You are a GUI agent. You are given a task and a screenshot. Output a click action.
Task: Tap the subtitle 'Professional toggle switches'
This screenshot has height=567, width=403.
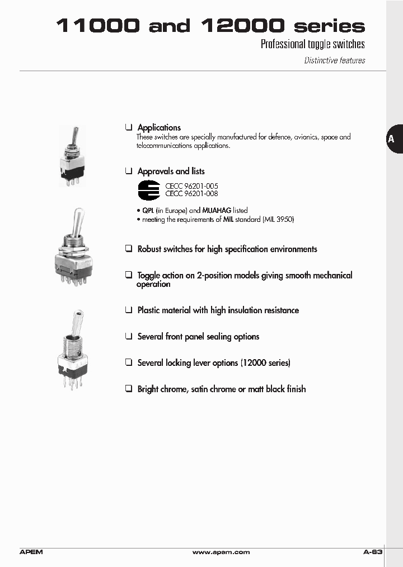pos(312,44)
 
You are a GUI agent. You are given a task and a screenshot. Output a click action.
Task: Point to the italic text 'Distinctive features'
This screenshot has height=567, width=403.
pos(334,61)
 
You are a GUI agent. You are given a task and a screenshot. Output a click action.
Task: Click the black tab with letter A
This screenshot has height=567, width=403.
pos(392,139)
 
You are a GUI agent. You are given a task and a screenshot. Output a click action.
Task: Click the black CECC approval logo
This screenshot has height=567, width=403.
pos(149,190)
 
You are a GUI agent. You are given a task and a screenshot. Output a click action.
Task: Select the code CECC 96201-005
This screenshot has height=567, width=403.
pos(191,186)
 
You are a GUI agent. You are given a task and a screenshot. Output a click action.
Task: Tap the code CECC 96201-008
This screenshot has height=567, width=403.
pos(191,194)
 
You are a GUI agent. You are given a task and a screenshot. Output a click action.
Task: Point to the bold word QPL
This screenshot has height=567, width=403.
pos(148,211)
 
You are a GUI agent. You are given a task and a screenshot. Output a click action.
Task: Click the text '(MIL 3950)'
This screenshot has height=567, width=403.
pos(278,220)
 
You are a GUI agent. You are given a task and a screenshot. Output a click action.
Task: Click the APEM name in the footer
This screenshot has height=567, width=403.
pos(31,552)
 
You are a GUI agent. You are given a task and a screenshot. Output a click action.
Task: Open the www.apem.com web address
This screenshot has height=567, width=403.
pos(221,552)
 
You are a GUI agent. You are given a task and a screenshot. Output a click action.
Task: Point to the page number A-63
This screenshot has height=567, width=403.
pos(372,552)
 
